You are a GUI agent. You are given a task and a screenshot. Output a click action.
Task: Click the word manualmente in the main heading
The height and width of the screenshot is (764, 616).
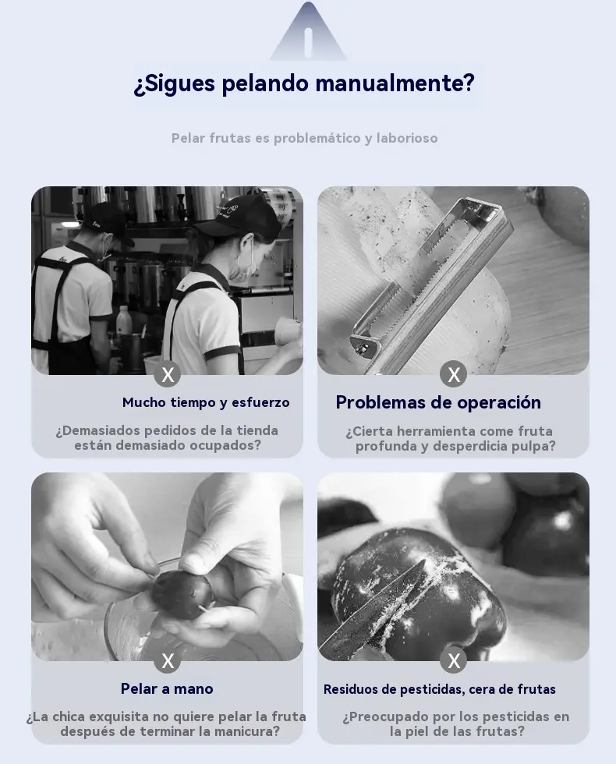pos(395,83)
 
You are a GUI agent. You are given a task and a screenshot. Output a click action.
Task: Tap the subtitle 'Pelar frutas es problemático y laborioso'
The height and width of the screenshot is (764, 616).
pos(305,139)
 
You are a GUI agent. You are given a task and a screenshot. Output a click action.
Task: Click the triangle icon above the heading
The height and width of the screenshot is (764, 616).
pos(308,31)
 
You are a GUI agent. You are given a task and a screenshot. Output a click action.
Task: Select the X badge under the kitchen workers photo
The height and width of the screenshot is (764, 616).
pos(168,374)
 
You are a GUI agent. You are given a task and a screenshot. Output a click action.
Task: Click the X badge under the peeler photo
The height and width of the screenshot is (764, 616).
pos(454,374)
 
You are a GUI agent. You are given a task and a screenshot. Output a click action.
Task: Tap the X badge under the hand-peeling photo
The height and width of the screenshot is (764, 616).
pos(168,661)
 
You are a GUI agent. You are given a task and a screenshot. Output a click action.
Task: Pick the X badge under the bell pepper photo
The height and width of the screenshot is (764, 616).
pos(454,661)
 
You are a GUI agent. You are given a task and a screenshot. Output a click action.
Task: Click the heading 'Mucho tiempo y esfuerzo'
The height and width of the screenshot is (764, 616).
pos(206,402)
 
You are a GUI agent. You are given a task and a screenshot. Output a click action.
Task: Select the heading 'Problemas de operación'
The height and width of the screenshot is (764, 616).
pos(438,402)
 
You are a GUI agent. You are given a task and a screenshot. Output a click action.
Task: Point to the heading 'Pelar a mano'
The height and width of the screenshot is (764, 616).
pos(167,688)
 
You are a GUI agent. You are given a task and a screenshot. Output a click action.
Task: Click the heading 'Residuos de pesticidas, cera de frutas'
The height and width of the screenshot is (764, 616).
pos(440,689)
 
